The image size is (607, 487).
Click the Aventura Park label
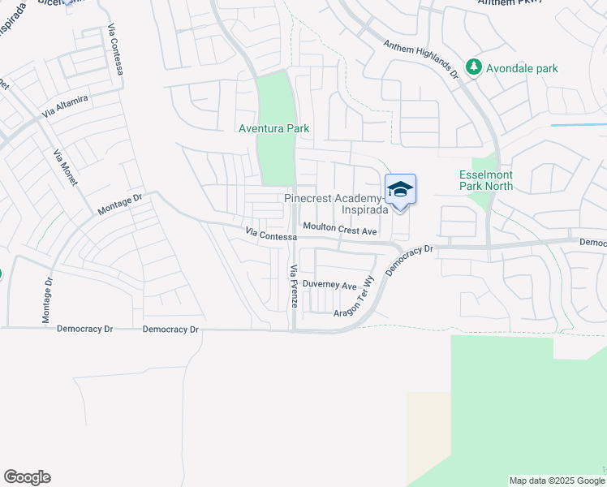(x=273, y=128)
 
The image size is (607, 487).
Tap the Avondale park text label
(x=521, y=68)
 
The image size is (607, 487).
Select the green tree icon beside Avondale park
(x=473, y=67)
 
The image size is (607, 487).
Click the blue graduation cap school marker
(x=400, y=190)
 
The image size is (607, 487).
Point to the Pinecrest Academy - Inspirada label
(x=333, y=204)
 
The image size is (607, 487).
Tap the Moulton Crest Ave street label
(x=340, y=231)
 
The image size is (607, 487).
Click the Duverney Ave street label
(x=329, y=285)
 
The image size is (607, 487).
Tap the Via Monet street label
(x=65, y=167)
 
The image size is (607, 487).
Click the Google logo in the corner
(x=27, y=477)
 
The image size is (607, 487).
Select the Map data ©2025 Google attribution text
(x=556, y=481)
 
